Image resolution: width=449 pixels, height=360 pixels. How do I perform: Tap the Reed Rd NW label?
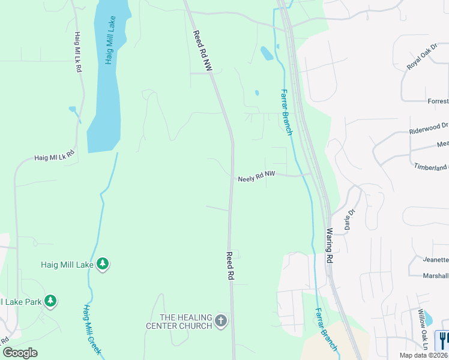coord(203,52)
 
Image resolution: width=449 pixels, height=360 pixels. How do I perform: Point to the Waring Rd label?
coord(329,245)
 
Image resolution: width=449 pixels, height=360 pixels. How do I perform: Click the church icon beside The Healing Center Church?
coord(221,321)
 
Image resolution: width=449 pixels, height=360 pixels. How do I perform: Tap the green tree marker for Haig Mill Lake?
coord(103,264)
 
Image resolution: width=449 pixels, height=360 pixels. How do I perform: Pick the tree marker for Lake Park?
coord(52,301)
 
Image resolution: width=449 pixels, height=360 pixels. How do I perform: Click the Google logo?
coord(20,353)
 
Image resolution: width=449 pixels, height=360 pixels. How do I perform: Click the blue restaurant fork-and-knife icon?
coord(443,340)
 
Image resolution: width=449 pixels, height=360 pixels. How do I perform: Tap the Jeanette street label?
coord(435,260)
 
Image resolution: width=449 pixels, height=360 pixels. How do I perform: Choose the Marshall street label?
coord(435,276)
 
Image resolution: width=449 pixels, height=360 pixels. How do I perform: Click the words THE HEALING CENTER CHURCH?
coord(179,321)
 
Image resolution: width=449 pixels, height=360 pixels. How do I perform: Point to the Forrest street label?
coord(438,101)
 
